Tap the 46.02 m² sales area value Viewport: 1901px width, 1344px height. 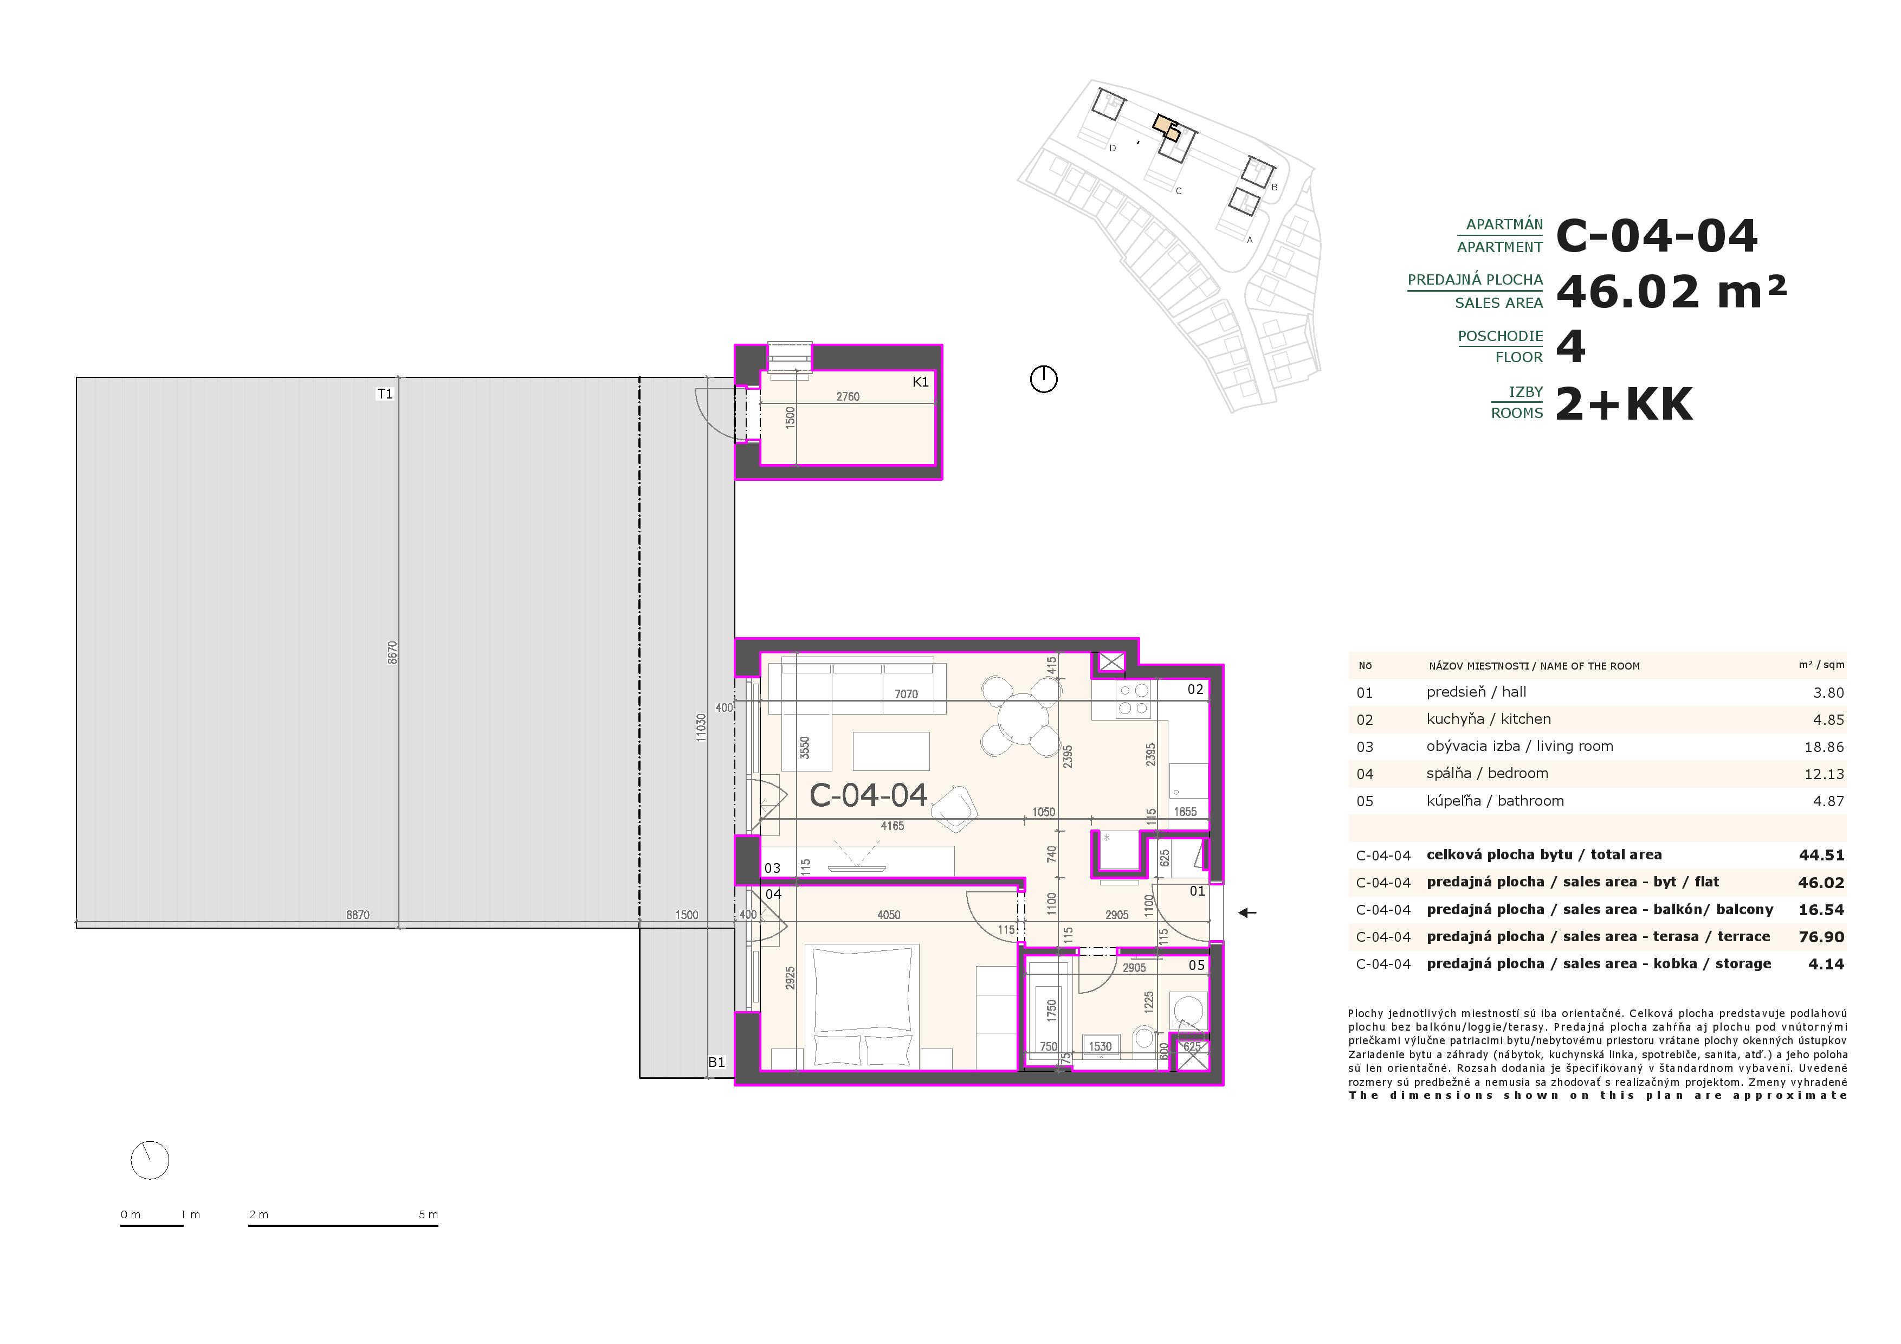tap(1671, 292)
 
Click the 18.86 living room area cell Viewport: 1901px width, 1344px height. tap(1824, 747)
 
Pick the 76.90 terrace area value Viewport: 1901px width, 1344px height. tap(1821, 937)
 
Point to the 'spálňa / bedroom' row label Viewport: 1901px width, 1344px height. tap(1487, 774)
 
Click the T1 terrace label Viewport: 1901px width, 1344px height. tap(385, 394)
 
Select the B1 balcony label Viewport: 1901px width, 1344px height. tap(716, 1063)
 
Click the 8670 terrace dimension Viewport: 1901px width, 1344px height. tap(392, 653)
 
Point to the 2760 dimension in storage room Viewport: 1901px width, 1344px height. tap(848, 397)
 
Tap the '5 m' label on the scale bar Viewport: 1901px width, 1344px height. tap(428, 1215)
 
